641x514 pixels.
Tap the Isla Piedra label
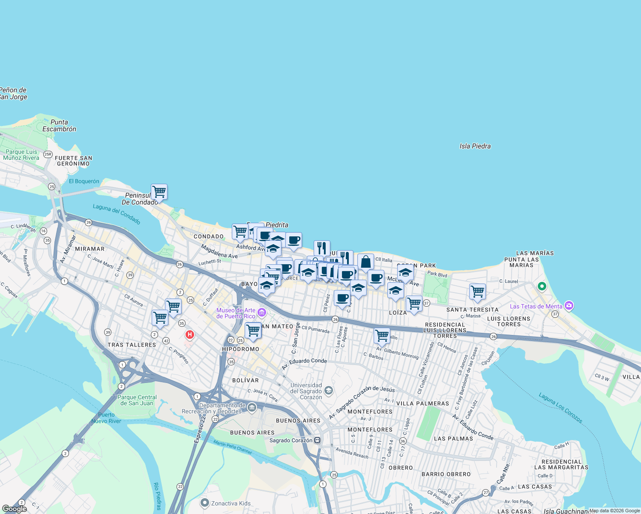tap(475, 146)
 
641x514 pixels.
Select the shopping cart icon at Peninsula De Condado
tap(159, 192)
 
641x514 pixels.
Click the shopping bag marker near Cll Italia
tap(365, 262)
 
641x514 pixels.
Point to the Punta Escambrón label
tap(59, 126)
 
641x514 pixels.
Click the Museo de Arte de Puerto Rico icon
tap(261, 314)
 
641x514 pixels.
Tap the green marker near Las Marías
tap(542, 286)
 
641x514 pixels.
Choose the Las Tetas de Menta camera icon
tap(569, 306)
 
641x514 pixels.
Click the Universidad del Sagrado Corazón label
tap(306, 391)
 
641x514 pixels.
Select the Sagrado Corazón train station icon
tap(317, 440)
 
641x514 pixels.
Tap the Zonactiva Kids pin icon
tap(205, 503)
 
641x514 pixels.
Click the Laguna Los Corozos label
tap(560, 408)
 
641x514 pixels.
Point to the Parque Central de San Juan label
tap(137, 400)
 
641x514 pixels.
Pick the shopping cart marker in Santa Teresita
tap(477, 292)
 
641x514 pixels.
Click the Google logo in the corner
tap(14, 508)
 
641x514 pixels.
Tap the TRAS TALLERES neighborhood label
tap(132, 345)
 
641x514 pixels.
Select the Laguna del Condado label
tap(117, 214)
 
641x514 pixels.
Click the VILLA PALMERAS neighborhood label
tap(422, 403)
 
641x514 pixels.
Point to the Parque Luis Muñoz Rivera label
tap(21, 155)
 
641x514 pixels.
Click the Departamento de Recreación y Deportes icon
tap(252, 407)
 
